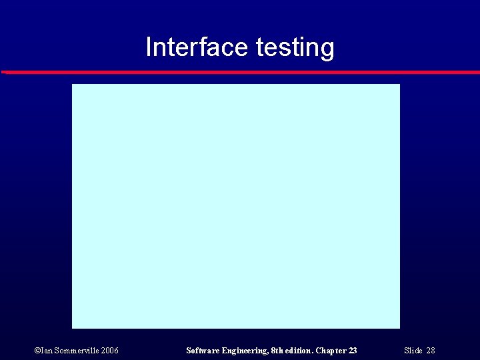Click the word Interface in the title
(x=197, y=47)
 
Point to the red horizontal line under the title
(x=240, y=71)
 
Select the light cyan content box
(x=236, y=206)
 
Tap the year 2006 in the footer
(x=111, y=351)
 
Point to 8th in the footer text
(x=277, y=351)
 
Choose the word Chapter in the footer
(x=331, y=351)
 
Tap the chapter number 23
(x=353, y=351)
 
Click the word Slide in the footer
(x=413, y=351)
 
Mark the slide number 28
(x=431, y=351)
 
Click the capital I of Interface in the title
(x=148, y=47)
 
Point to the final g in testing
(x=327, y=49)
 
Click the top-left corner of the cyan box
(x=73, y=85)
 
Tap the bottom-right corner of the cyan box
(x=399, y=327)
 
